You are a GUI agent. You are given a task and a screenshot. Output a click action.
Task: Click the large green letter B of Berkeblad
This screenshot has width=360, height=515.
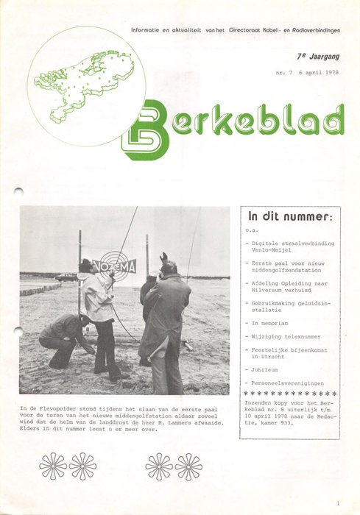(x=145, y=130)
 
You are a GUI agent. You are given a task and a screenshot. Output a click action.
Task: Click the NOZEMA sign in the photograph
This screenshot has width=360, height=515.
(x=114, y=266)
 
